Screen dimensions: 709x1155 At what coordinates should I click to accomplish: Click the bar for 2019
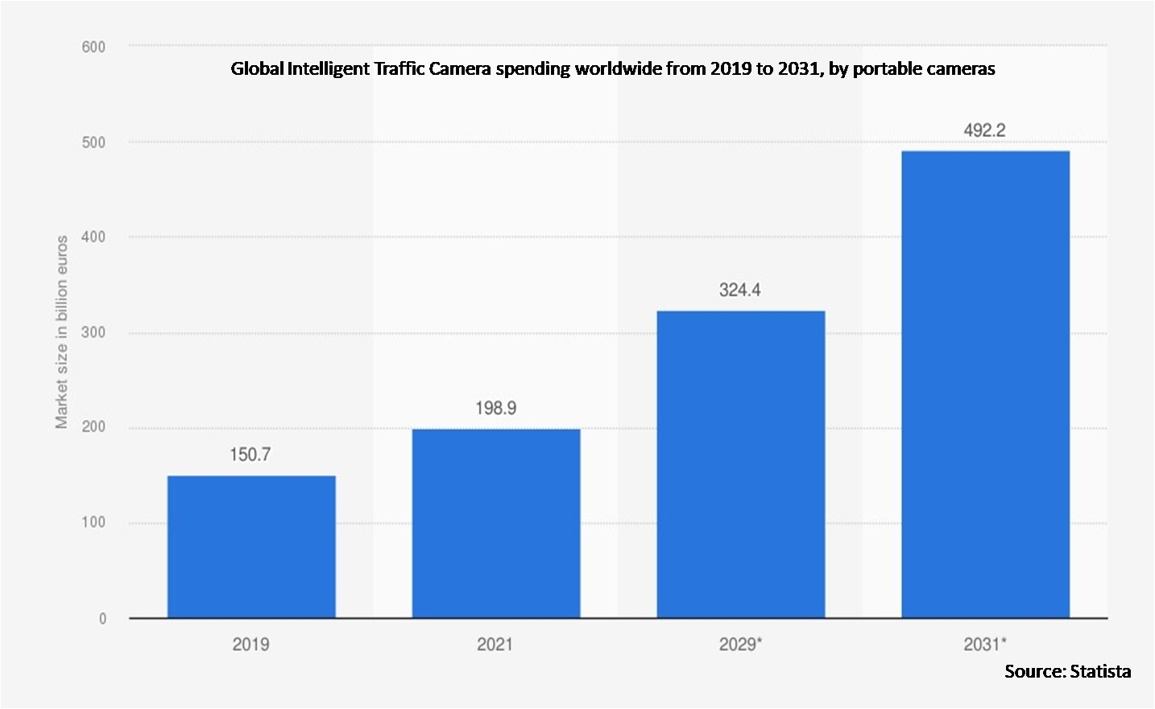point(251,546)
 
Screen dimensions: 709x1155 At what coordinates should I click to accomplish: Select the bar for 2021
point(496,523)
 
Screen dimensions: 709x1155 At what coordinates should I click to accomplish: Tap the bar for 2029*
point(741,464)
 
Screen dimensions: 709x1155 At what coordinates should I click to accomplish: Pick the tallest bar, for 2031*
point(985,384)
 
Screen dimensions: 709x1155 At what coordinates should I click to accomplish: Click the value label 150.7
point(250,455)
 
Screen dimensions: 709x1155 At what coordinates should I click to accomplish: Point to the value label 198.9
point(495,408)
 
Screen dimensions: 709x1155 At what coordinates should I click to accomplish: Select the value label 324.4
point(740,290)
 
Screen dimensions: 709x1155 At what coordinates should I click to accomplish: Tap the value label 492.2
point(984,130)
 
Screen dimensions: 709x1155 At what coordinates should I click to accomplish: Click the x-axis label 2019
point(250,645)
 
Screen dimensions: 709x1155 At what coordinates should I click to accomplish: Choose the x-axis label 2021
point(495,645)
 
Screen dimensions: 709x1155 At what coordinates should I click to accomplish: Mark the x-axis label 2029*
point(739,645)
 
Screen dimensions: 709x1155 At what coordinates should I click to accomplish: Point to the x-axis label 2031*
point(984,645)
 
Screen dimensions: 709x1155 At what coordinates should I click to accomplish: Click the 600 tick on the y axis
point(93,47)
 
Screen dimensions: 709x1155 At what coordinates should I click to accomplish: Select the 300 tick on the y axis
point(93,332)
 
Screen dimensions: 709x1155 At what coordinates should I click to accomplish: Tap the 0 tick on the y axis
point(102,618)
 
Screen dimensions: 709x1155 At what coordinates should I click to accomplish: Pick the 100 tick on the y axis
point(93,522)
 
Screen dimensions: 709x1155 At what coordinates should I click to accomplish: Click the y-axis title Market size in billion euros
point(62,332)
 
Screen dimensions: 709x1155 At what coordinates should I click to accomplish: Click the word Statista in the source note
point(1100,671)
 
